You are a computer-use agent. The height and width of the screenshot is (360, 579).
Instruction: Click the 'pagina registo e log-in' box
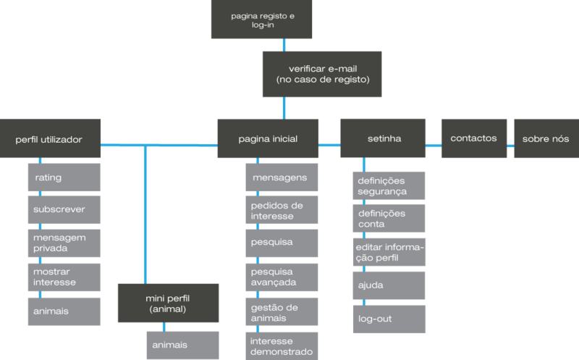(261, 20)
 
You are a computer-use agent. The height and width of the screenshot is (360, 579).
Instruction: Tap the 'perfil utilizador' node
(50, 139)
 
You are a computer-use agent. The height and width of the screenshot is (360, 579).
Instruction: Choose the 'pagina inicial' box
(267, 139)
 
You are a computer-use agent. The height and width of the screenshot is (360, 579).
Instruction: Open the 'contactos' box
(473, 138)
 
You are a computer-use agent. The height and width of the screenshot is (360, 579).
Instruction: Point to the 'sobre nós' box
(545, 138)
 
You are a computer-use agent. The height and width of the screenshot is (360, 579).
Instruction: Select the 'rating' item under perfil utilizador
(64, 177)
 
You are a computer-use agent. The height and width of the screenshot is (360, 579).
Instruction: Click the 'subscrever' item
(64, 209)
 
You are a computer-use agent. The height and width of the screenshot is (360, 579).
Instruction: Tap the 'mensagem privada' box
(64, 243)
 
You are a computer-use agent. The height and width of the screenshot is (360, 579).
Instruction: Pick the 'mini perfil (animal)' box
(168, 303)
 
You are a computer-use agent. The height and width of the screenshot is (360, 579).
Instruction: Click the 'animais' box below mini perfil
(182, 346)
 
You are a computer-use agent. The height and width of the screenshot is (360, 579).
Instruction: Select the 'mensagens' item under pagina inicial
(282, 177)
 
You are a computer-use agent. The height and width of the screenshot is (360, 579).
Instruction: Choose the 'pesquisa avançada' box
(282, 277)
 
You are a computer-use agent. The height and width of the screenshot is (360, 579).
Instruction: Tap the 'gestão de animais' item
(282, 312)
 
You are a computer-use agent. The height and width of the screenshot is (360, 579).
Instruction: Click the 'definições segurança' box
(389, 185)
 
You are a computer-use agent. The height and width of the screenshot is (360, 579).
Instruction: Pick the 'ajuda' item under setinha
(389, 285)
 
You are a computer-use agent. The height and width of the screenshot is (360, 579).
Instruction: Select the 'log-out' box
(389, 319)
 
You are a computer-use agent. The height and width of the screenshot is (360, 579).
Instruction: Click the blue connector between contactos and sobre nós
(510, 146)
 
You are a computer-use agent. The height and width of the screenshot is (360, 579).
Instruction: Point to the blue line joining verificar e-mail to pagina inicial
(283, 108)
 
